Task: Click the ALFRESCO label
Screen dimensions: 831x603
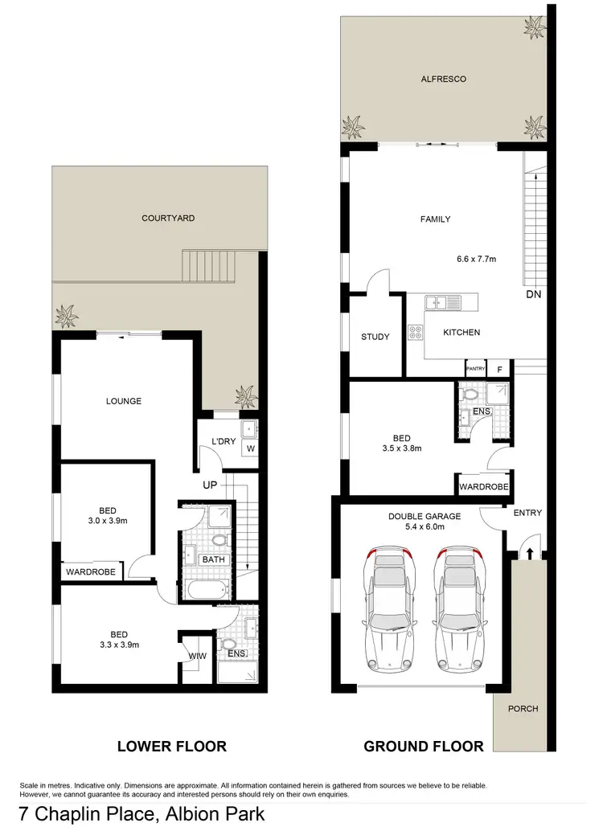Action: (x=443, y=80)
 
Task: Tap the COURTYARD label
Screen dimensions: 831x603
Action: (x=168, y=218)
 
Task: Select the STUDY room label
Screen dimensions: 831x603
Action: (x=375, y=337)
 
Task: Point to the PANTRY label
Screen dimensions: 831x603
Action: (x=475, y=368)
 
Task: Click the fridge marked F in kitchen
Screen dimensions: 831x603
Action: (x=499, y=368)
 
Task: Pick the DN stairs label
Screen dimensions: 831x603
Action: (x=533, y=294)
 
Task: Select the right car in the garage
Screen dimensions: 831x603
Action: (x=459, y=608)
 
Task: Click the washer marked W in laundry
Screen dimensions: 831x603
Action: (x=250, y=448)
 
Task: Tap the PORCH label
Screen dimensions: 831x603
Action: (x=523, y=709)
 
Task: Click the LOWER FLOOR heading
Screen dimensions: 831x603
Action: (x=171, y=747)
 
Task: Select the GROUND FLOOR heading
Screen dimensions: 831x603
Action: (x=424, y=747)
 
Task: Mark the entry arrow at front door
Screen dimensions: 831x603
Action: (x=529, y=551)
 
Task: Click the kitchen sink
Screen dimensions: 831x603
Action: (x=443, y=302)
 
